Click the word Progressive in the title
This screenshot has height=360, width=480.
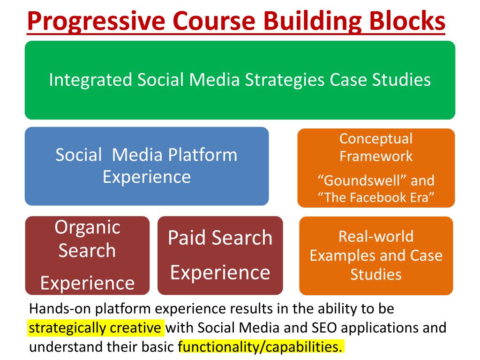pos(96,21)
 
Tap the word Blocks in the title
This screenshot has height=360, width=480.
pos(407,20)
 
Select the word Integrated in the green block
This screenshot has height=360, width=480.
pos(90,80)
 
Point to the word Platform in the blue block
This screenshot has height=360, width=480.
pos(202,155)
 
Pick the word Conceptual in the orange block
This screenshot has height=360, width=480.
pos(376,139)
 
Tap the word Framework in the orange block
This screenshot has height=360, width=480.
pos(376,156)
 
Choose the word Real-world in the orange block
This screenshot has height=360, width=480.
pos(376,237)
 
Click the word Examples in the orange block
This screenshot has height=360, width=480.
pos(344,256)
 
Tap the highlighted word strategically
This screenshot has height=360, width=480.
pos(67,328)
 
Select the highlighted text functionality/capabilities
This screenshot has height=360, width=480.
pos(260,347)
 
